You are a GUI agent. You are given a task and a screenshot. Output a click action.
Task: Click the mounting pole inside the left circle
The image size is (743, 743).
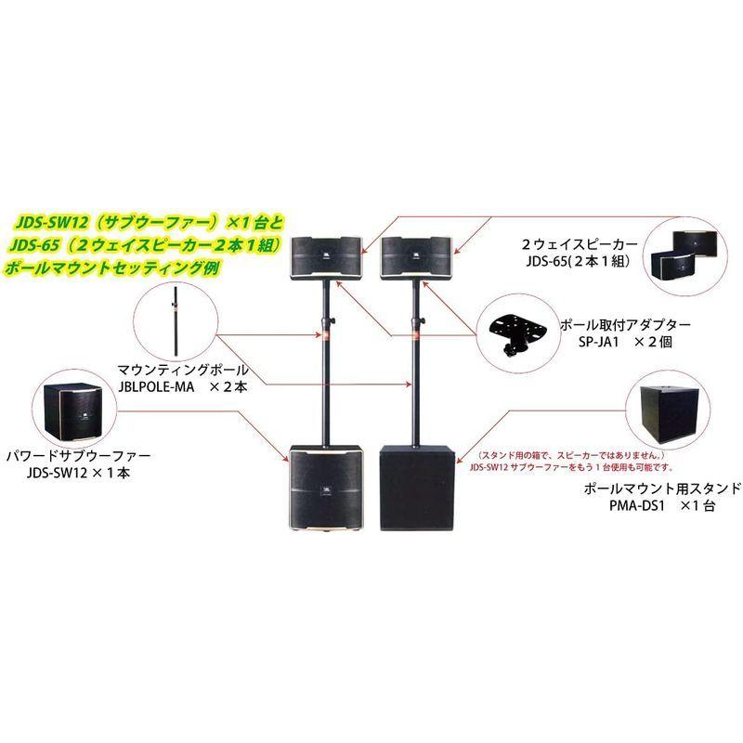click(x=176, y=321)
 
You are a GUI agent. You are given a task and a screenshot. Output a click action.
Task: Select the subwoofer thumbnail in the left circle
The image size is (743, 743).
click(x=73, y=411)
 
